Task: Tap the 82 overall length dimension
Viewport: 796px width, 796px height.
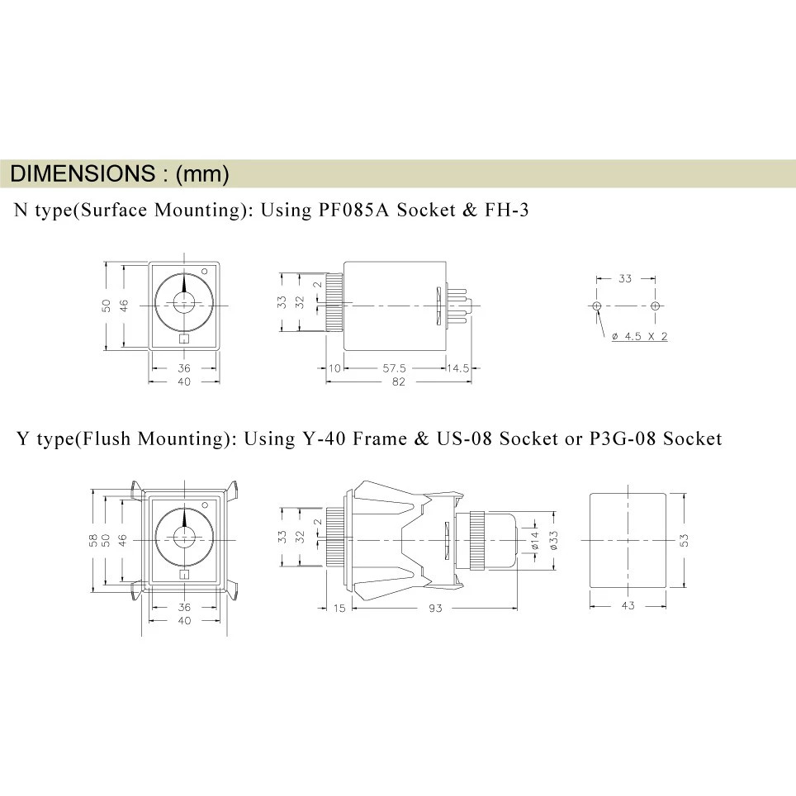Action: (398, 382)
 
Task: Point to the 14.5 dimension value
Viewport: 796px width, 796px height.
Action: (457, 368)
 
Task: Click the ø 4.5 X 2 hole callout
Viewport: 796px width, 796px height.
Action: (639, 337)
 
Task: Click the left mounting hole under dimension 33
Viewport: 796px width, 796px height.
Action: (597, 306)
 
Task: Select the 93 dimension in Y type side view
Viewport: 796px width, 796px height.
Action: (435, 609)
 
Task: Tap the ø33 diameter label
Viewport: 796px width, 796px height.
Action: (554, 539)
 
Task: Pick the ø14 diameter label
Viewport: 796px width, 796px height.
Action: (536, 539)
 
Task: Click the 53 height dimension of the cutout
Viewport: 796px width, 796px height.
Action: (685, 539)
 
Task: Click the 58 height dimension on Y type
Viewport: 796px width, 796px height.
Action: (93, 539)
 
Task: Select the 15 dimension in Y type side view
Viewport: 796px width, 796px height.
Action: (339, 609)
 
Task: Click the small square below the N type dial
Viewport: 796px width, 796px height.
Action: (184, 338)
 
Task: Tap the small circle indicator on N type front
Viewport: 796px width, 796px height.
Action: (205, 269)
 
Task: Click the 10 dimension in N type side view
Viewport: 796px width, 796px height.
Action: (334, 368)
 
